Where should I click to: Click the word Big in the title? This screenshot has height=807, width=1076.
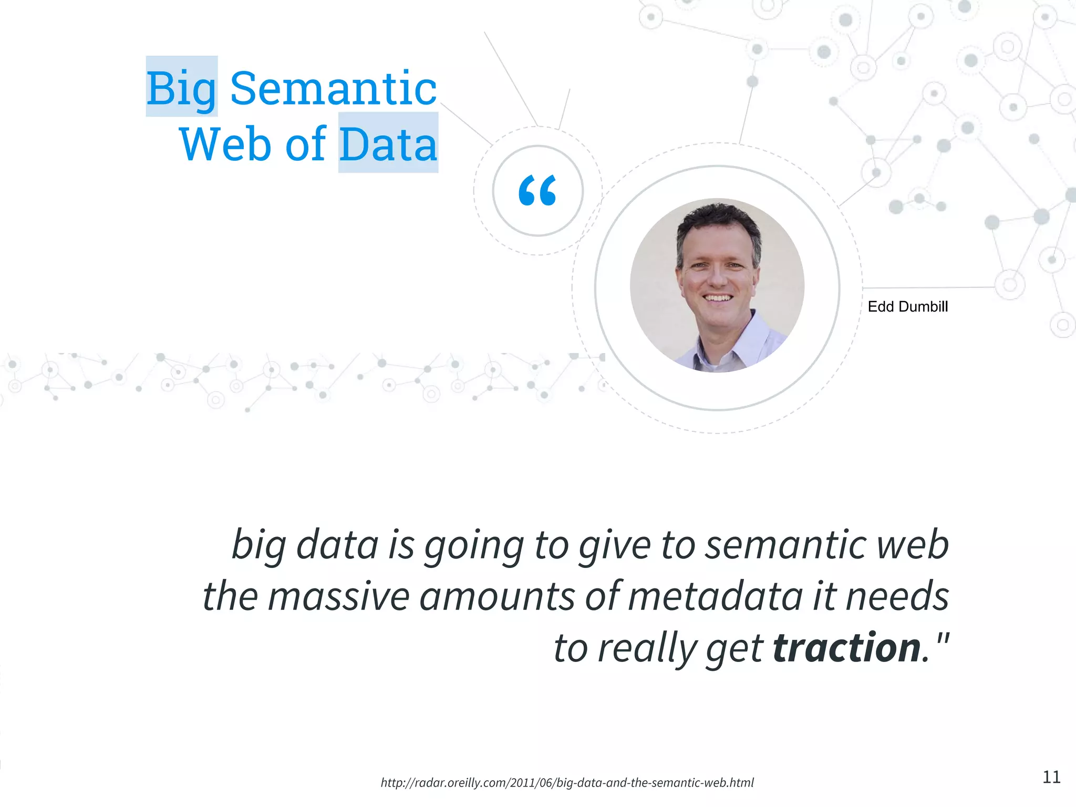181,88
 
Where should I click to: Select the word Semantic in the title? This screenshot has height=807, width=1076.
333,88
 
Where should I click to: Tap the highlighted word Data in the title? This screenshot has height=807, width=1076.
388,144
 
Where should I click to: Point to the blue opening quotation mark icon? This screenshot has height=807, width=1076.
537,190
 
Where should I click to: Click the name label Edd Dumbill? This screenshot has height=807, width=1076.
907,307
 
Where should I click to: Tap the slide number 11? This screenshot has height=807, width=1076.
1051,777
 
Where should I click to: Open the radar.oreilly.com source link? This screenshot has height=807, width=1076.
567,783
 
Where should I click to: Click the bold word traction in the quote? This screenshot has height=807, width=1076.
846,647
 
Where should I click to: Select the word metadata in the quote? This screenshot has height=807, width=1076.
715,596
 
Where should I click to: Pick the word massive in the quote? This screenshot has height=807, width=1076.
338,596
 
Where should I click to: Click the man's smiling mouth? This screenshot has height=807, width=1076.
718,298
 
